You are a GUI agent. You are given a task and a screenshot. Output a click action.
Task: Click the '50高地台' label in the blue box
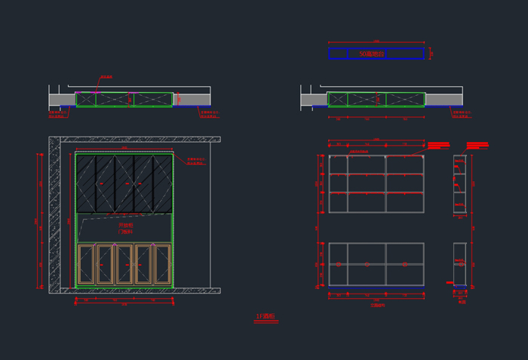[371, 54]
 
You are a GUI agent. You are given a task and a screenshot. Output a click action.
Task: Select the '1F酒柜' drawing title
[266, 317]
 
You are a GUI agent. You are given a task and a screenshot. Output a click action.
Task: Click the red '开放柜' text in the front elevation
[125, 226]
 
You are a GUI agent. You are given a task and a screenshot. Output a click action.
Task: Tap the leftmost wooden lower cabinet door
[87, 264]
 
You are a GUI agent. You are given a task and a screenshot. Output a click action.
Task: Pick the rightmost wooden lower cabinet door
[163, 264]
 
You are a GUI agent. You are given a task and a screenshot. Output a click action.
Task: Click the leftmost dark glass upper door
[85, 184]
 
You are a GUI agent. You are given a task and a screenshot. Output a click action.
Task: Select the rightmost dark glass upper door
[163, 184]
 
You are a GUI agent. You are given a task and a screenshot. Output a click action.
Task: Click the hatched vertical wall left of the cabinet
[55, 215]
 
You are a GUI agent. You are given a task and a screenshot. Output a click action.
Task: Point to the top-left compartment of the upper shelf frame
[338, 165]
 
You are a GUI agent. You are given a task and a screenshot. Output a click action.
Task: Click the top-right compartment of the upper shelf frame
[404, 165]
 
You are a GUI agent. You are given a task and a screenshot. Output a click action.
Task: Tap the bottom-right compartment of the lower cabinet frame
[404, 275]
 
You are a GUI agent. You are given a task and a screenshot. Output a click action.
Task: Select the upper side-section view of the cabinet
[460, 183]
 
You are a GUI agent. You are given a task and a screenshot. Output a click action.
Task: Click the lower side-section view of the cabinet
[460, 263]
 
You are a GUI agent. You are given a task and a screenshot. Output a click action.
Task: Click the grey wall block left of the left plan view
[62, 100]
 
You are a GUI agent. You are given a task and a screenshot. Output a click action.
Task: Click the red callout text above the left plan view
[106, 77]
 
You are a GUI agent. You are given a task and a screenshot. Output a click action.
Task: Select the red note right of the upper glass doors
[196, 161]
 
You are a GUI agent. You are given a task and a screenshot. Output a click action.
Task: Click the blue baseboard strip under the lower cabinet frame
[376, 287]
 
